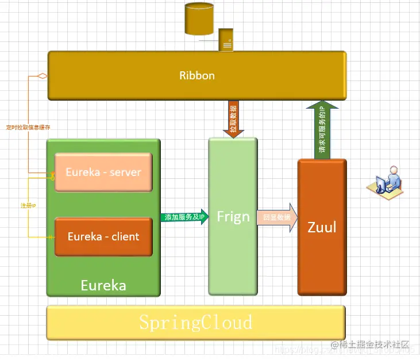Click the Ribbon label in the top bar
point(196,75)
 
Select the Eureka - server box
point(103,172)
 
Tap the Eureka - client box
point(103,236)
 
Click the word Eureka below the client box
point(103,285)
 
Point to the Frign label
point(233,217)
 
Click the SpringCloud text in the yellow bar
point(196,321)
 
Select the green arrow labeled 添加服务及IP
point(184,217)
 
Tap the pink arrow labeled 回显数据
point(277,218)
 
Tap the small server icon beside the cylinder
point(226,40)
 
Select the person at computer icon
point(385,182)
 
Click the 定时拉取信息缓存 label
point(28,127)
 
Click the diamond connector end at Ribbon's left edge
point(41,76)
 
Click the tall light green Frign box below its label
point(233,259)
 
